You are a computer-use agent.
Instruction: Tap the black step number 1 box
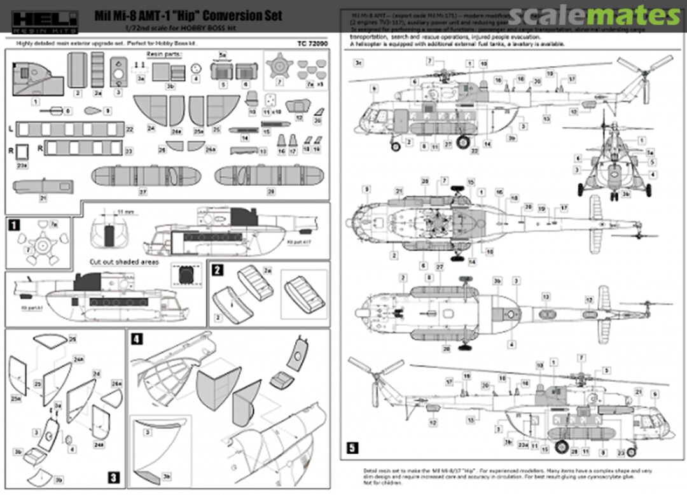click(x=13, y=223)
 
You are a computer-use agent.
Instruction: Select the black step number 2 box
click(x=217, y=269)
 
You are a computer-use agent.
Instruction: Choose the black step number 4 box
click(x=137, y=338)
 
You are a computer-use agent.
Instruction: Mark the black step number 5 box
click(x=352, y=448)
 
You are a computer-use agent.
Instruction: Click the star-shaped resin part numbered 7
click(x=279, y=66)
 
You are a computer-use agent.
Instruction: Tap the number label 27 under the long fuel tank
click(x=143, y=192)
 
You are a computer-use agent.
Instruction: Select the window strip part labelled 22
click(x=70, y=129)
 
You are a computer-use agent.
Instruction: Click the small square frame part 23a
click(x=23, y=153)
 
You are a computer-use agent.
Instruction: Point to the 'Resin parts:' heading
click(x=164, y=55)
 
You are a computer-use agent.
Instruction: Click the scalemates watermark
click(x=594, y=15)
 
